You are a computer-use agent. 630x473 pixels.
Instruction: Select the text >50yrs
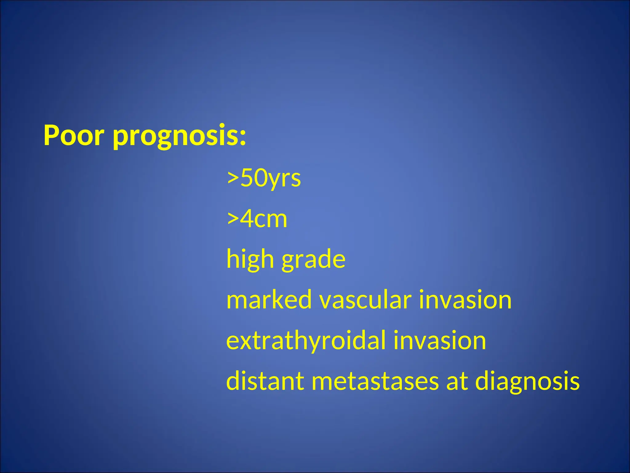tap(264, 179)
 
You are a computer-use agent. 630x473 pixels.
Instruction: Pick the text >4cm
tap(257, 219)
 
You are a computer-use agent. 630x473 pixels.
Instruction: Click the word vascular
tap(366, 301)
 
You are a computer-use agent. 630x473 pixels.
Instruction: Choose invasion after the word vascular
tap(465, 300)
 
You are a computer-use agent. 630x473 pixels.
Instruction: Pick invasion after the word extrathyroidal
tap(440, 341)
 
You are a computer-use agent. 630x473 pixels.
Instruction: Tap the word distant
tap(265, 381)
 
